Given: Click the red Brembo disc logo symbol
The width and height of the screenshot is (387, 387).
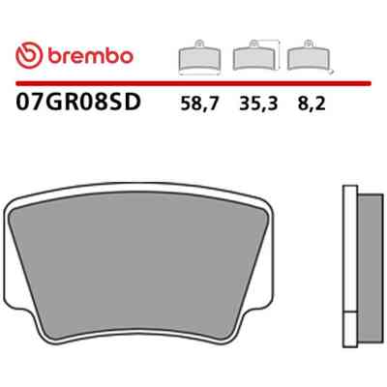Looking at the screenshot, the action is tap(29, 55).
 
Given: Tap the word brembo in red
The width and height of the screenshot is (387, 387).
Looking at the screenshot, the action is tap(91, 56).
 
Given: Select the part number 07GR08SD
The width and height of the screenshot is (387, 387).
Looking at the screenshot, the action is tap(78, 102).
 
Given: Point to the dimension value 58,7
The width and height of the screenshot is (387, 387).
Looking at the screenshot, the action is tap(199, 104).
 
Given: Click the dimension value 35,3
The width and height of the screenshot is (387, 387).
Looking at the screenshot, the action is tap(258, 104).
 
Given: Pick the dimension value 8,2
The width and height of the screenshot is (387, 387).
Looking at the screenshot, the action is tap(312, 104).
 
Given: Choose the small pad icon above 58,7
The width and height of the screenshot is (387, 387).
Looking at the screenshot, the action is tap(199, 57).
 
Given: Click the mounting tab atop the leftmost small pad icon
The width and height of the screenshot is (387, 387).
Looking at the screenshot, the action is tap(199, 43).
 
